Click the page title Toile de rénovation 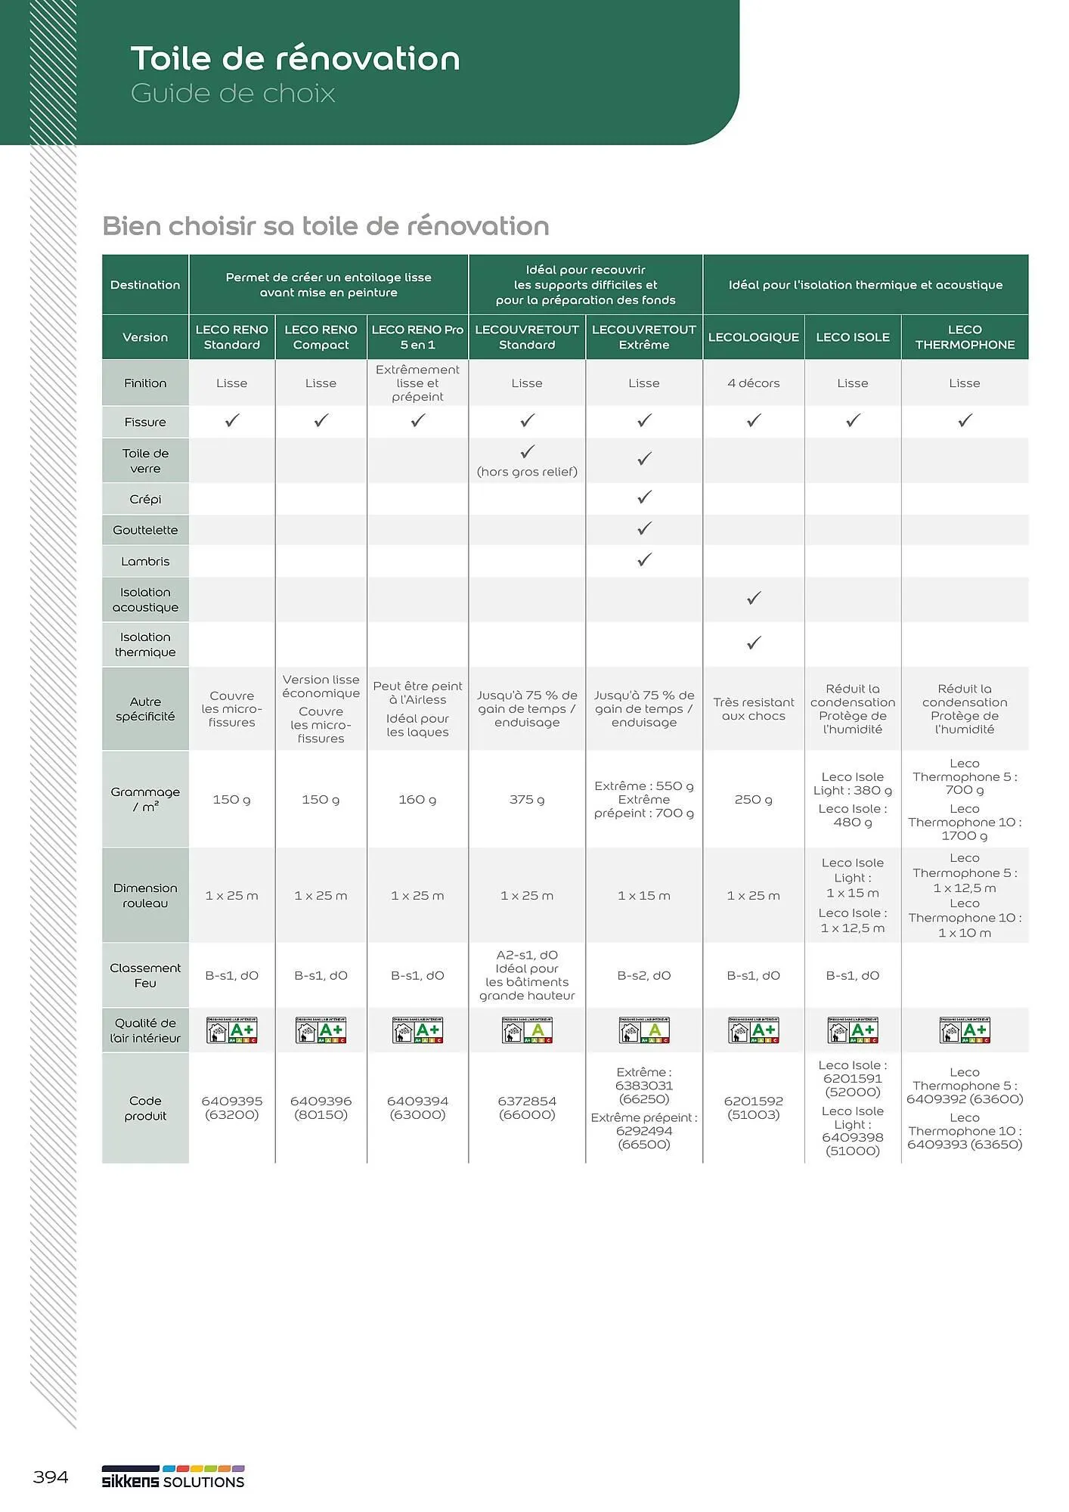click(x=295, y=59)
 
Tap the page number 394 click(x=51, y=1476)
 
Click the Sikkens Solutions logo click(x=173, y=1478)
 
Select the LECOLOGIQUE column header click(x=753, y=337)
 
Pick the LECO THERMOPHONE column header click(x=964, y=337)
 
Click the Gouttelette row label click(x=145, y=530)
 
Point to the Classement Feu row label click(x=145, y=975)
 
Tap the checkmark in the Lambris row click(x=644, y=560)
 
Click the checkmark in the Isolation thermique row click(x=754, y=643)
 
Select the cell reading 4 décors click(x=753, y=383)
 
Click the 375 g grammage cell click(x=527, y=799)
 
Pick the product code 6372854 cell click(x=527, y=1108)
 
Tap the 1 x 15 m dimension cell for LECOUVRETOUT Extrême click(x=644, y=895)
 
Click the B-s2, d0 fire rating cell click(x=644, y=975)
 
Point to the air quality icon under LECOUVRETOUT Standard click(x=527, y=1030)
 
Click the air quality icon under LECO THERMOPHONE click(x=964, y=1030)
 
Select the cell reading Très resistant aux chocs click(x=753, y=709)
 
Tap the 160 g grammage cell click(x=417, y=799)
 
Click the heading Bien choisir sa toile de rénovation click(x=326, y=226)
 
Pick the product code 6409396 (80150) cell click(x=321, y=1108)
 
